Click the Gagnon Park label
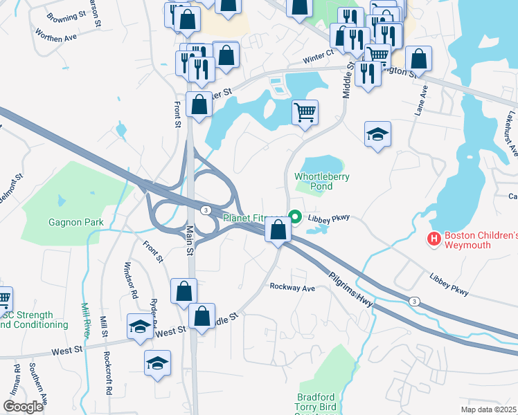click(75, 222)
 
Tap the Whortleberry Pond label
click(322, 181)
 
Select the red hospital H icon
click(434, 239)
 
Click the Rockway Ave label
click(292, 287)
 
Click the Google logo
click(23, 407)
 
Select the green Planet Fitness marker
click(295, 218)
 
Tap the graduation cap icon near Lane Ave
click(378, 133)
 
